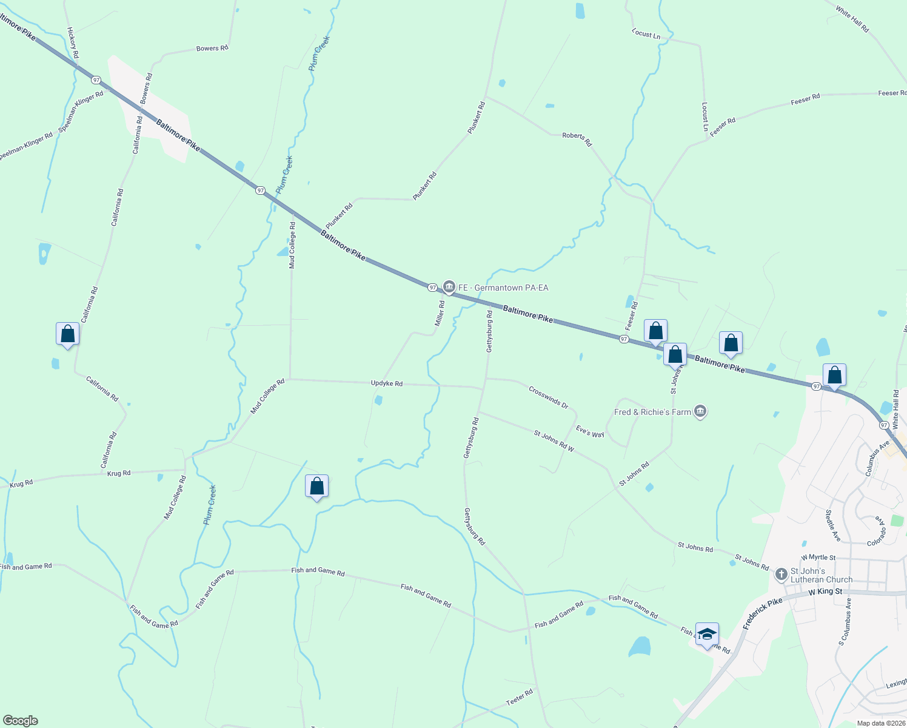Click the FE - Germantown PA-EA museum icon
[x=449, y=286]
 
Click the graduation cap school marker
[x=707, y=635]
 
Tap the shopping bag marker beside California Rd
[x=67, y=334]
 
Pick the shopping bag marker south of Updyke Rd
[x=316, y=486]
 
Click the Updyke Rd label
[x=387, y=383]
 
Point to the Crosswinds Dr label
[x=548, y=397]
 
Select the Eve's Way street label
[x=590, y=431]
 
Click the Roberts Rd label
[x=577, y=139]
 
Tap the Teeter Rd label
[x=520, y=697]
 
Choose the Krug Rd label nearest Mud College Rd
[x=119, y=473]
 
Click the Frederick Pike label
[x=763, y=614]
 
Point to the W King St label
[x=825, y=591]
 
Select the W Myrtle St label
[x=818, y=558]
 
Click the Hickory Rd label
[x=73, y=42]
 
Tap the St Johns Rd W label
[x=554, y=441]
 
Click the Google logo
[x=19, y=721]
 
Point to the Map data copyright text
[x=881, y=723]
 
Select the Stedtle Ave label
[x=832, y=525]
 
